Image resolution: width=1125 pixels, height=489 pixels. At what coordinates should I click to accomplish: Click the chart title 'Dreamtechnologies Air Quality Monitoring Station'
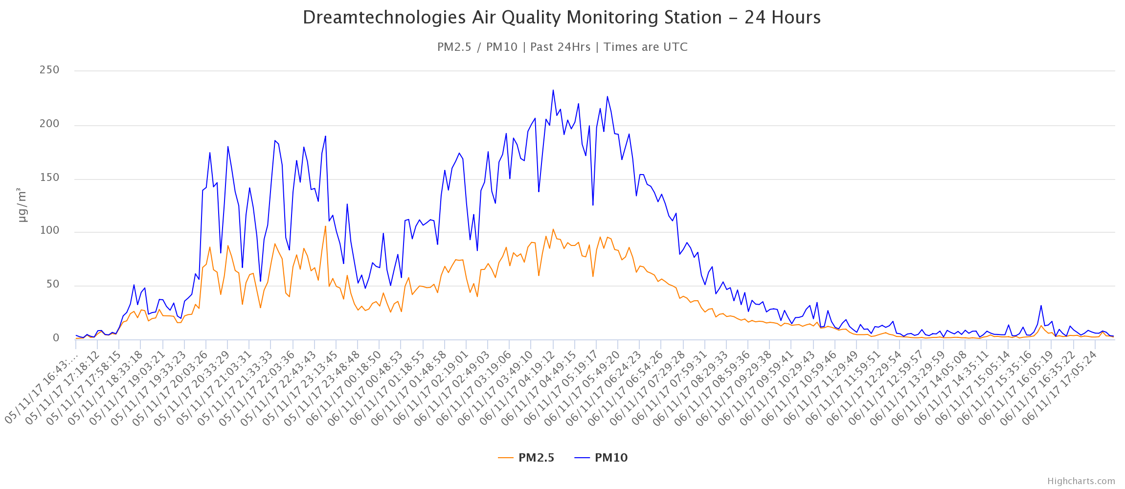(562, 18)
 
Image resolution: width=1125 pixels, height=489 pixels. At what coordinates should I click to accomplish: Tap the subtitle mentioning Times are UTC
(562, 47)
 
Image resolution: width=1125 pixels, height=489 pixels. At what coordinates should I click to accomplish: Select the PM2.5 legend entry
(526, 458)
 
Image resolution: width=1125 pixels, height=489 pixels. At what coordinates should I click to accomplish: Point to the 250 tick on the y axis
(49, 70)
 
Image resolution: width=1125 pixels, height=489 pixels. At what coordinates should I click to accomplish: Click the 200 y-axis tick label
(49, 124)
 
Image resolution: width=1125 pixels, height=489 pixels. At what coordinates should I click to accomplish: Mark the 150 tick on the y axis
(49, 178)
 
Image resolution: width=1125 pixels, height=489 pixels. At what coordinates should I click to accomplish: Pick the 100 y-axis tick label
(49, 231)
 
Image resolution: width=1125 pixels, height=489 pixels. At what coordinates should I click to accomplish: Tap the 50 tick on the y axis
(52, 284)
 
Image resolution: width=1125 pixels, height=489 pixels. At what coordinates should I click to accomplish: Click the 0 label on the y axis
(56, 338)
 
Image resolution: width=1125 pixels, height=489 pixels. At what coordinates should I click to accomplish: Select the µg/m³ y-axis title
(22, 204)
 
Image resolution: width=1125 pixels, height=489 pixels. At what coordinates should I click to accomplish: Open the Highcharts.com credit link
(1081, 481)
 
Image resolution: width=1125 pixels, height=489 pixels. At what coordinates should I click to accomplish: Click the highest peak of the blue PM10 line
(553, 90)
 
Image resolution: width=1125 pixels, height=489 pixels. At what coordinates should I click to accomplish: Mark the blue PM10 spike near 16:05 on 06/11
(1041, 306)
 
